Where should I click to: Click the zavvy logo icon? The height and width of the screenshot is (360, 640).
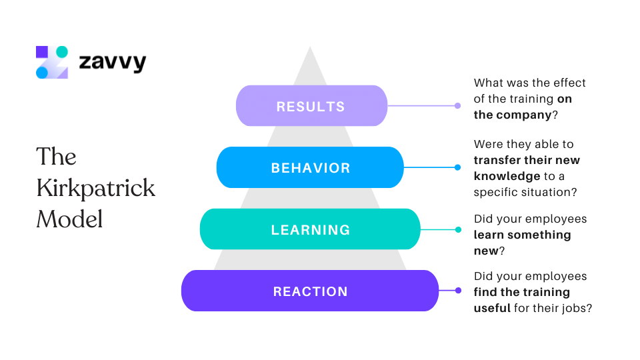[52, 62]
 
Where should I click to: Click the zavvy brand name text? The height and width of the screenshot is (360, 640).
[112, 63]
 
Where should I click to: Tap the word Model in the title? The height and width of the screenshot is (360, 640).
[69, 219]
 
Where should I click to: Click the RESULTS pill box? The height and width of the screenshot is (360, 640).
[311, 106]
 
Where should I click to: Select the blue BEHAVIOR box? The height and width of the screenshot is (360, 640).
[310, 167]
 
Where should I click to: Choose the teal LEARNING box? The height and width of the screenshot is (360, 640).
[310, 229]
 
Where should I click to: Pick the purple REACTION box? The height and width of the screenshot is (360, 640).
[310, 291]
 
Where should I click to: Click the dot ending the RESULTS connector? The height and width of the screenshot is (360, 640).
[457, 105]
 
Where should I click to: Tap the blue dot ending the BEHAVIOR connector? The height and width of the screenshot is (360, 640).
[457, 167]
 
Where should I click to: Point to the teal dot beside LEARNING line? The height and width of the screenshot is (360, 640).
[458, 229]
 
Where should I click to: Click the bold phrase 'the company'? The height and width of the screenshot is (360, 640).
[512, 115]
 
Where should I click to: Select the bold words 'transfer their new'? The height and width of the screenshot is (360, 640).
[527, 160]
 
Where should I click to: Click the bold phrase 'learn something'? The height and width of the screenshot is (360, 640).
[522, 235]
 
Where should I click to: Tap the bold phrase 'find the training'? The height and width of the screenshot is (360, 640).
[521, 292]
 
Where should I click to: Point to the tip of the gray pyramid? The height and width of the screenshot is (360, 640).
[310, 48]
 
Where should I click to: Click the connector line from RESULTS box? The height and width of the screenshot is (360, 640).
[420, 105]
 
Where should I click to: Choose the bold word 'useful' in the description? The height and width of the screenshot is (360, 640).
[492, 308]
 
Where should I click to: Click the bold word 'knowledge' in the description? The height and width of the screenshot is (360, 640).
[507, 176]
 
